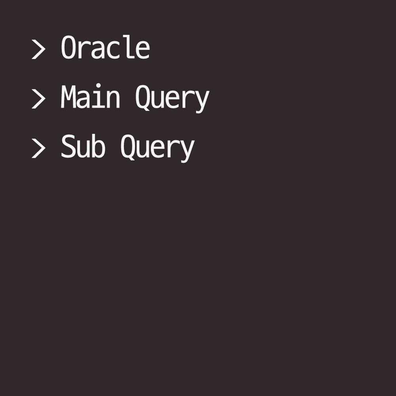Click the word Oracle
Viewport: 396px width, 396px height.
pos(105,48)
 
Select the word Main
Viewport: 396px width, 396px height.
pos(90,97)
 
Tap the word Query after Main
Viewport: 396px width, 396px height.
pos(172,98)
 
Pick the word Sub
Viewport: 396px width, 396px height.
pos(83,147)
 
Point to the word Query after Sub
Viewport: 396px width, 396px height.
pos(157,147)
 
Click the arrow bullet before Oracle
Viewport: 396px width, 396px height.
pos(38,49)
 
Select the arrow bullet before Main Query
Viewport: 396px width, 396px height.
pos(38,99)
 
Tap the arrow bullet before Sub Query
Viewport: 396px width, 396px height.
pos(38,148)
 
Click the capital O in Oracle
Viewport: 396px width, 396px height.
pos(68,48)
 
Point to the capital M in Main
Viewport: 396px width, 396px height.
pos(68,97)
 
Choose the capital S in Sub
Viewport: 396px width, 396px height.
pos(68,147)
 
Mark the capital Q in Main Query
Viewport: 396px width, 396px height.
pos(142,98)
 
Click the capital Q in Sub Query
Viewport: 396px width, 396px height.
pos(128,147)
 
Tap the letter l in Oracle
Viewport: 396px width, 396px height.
pos(128,47)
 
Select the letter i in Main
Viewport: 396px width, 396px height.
pos(98,97)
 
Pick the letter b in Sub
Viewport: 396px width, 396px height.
pos(98,146)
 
